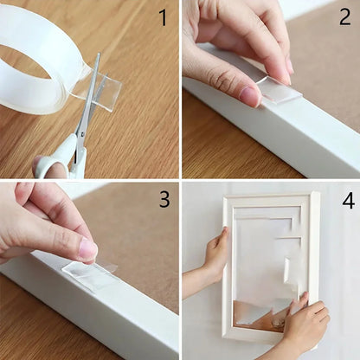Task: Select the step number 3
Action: coord(164,200)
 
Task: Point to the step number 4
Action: coord(348,201)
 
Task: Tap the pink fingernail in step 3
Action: coord(88,249)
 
